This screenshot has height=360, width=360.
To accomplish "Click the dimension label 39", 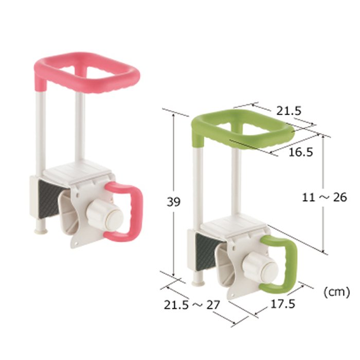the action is [x=173, y=202].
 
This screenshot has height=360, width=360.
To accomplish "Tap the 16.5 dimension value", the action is [x=300, y=152].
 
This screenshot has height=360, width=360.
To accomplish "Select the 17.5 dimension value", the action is [x=283, y=304].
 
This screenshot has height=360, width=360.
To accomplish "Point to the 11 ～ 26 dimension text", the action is [x=324, y=197].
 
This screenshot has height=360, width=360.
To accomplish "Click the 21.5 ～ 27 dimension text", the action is [x=192, y=305].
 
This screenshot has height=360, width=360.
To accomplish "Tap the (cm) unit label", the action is [x=336, y=292].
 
